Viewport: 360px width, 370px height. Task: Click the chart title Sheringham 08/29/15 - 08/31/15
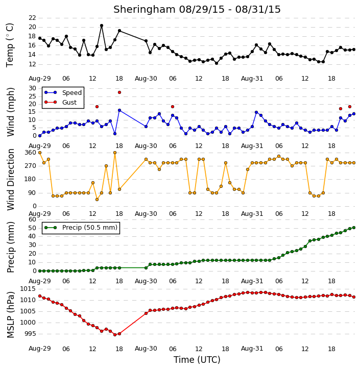coord(197,9)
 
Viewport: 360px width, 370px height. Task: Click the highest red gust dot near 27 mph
coord(119,92)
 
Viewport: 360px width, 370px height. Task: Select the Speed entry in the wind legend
coord(63,92)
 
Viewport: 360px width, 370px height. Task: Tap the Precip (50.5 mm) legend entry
coord(81,228)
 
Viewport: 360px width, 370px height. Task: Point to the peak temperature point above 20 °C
coord(102,26)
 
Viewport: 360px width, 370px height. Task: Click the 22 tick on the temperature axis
coord(32,18)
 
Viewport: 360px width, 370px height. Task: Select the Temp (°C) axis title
coord(10,45)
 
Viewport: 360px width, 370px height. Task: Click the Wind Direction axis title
coord(10,179)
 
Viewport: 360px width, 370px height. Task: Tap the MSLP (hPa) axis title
coord(10,315)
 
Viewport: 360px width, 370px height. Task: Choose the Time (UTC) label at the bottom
coord(197,360)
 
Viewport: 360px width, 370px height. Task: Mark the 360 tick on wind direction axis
coord(31,153)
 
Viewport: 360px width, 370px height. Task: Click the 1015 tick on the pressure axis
coord(28,288)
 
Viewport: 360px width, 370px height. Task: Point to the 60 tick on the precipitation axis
coord(32,219)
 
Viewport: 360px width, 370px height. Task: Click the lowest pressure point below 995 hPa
coord(115,335)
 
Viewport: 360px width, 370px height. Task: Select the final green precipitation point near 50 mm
coord(354,228)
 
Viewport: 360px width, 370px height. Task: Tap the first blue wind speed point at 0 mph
coord(40,136)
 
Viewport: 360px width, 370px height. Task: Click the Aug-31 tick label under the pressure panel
coord(252,349)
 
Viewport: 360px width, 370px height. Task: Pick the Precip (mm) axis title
coord(10,247)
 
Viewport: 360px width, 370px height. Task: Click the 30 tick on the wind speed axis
coord(32,88)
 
